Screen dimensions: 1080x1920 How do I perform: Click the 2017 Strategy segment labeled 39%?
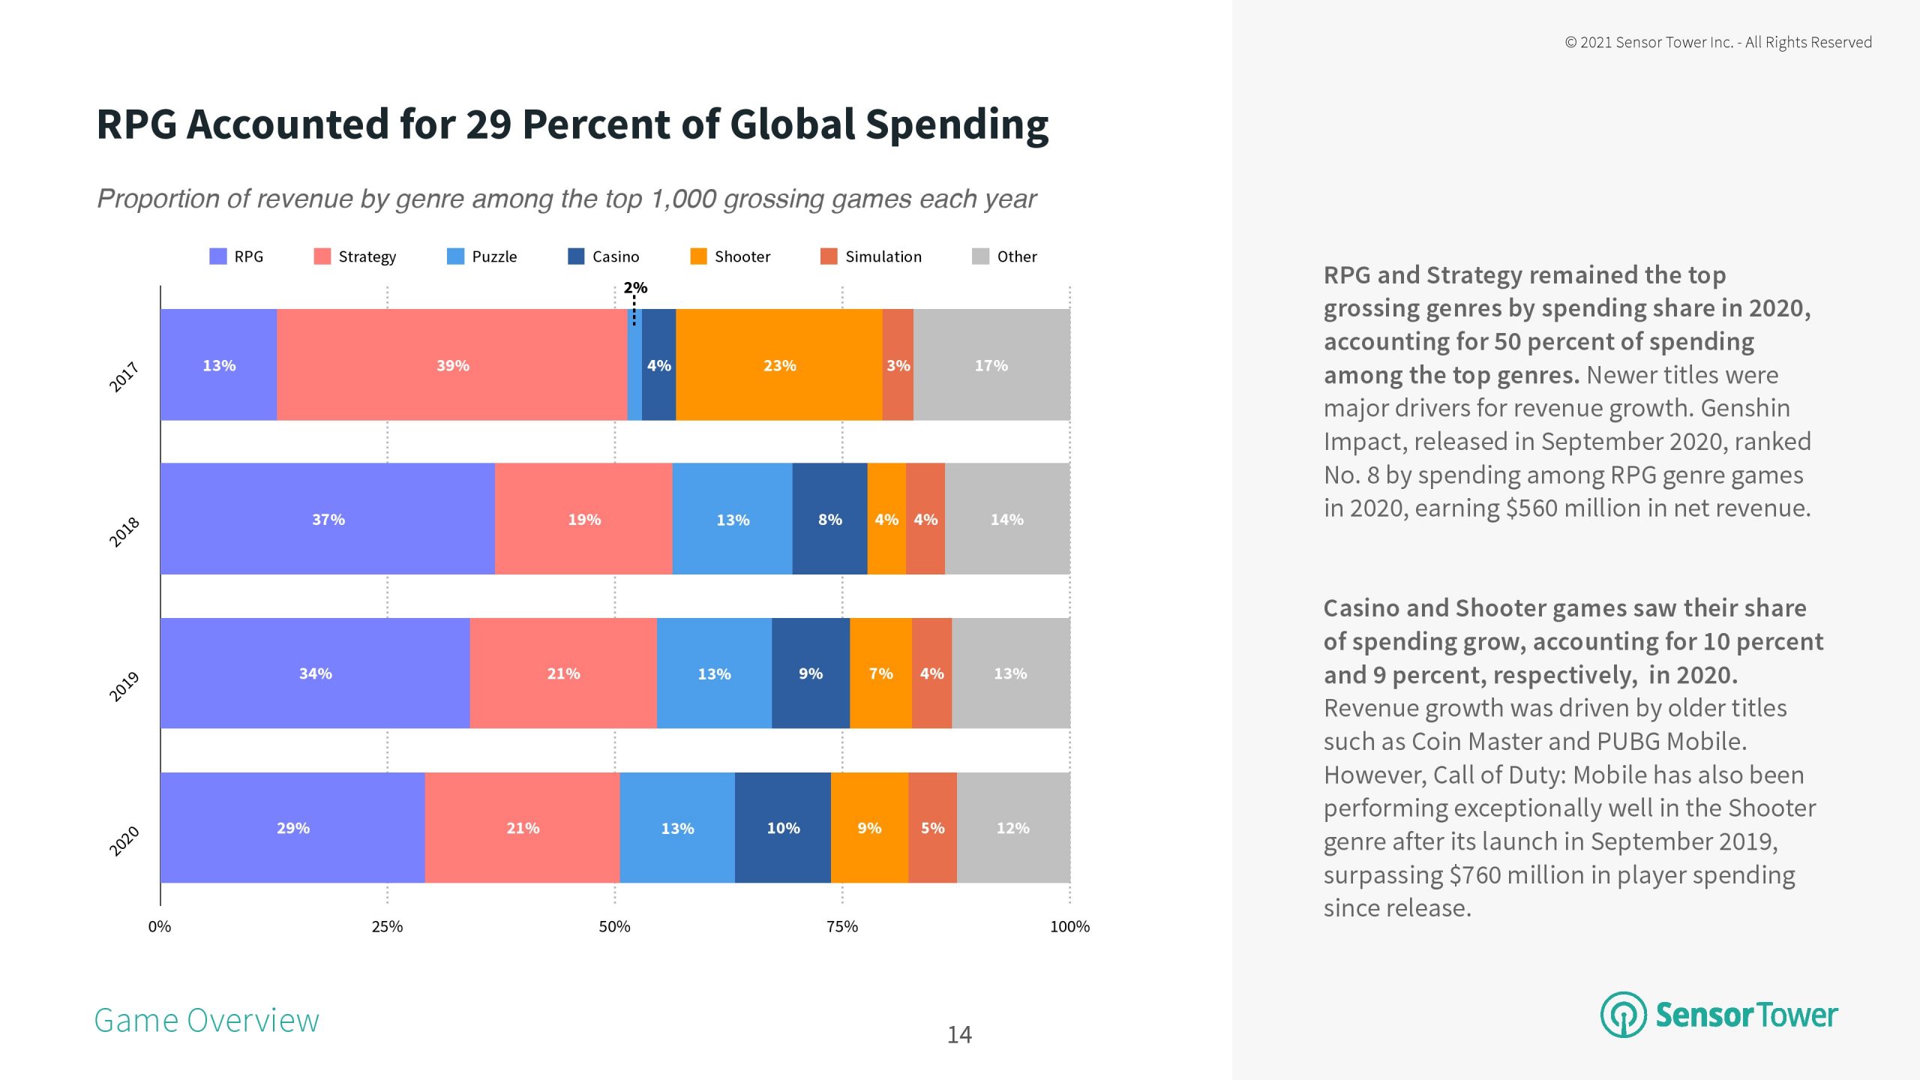coord(452,365)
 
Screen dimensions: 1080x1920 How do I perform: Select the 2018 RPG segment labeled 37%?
coord(328,519)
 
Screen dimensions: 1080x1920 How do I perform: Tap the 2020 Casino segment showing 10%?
coord(783,828)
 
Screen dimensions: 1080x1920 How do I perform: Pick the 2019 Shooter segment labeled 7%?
coord(880,673)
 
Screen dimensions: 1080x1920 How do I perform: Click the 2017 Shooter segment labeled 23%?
coord(779,365)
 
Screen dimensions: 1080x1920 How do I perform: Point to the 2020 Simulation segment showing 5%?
coord(932,828)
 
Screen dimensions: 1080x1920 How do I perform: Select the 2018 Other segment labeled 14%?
coord(1006,519)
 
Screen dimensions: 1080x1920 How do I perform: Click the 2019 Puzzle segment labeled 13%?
coord(714,673)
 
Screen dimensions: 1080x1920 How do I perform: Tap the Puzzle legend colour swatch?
coord(455,256)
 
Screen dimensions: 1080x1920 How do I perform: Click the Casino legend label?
coord(616,256)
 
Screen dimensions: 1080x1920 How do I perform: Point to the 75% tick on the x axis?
coord(842,926)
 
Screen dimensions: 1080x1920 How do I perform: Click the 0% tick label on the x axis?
coord(160,926)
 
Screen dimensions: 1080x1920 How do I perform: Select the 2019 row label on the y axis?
coord(124,686)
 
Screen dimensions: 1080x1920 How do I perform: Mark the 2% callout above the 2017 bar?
coord(635,288)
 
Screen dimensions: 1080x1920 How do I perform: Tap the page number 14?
coord(959,1035)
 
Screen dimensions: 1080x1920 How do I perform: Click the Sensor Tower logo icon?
coord(1623,1015)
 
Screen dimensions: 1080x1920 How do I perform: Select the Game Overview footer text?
coord(206,1021)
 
